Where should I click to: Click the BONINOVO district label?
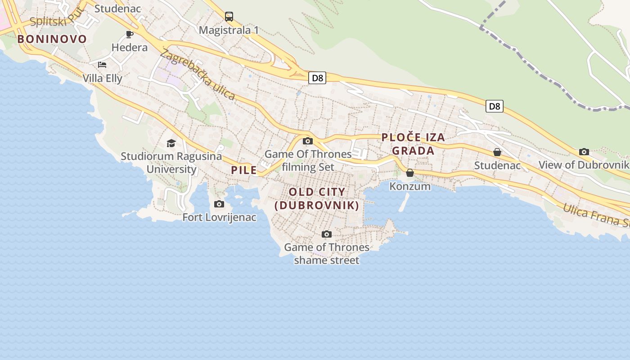pyautogui.click(x=52, y=39)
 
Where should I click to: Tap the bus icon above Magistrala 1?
pyautogui.click(x=229, y=17)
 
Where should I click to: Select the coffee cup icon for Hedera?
pyautogui.click(x=130, y=34)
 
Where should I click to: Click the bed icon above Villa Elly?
pyautogui.click(x=102, y=65)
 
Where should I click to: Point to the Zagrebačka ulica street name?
pyautogui.click(x=197, y=74)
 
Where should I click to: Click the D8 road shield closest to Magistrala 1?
pyautogui.click(x=318, y=78)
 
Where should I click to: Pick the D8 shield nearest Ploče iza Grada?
pyautogui.click(x=494, y=106)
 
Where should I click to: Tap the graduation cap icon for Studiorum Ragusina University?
pyautogui.click(x=171, y=143)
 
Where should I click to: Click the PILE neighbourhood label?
pyautogui.click(x=244, y=170)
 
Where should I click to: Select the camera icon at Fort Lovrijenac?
pyautogui.click(x=219, y=204)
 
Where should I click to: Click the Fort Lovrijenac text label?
pyautogui.click(x=219, y=217)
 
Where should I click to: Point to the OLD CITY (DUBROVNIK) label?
pyautogui.click(x=317, y=198)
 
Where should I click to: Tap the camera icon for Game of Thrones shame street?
pyautogui.click(x=327, y=234)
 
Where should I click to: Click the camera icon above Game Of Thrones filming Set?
pyautogui.click(x=308, y=141)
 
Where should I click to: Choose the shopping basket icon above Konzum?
pyautogui.click(x=410, y=173)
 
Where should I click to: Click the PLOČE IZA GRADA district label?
pyautogui.click(x=413, y=144)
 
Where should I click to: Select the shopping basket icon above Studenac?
pyautogui.click(x=497, y=152)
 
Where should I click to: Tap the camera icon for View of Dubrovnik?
pyautogui.click(x=584, y=152)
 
